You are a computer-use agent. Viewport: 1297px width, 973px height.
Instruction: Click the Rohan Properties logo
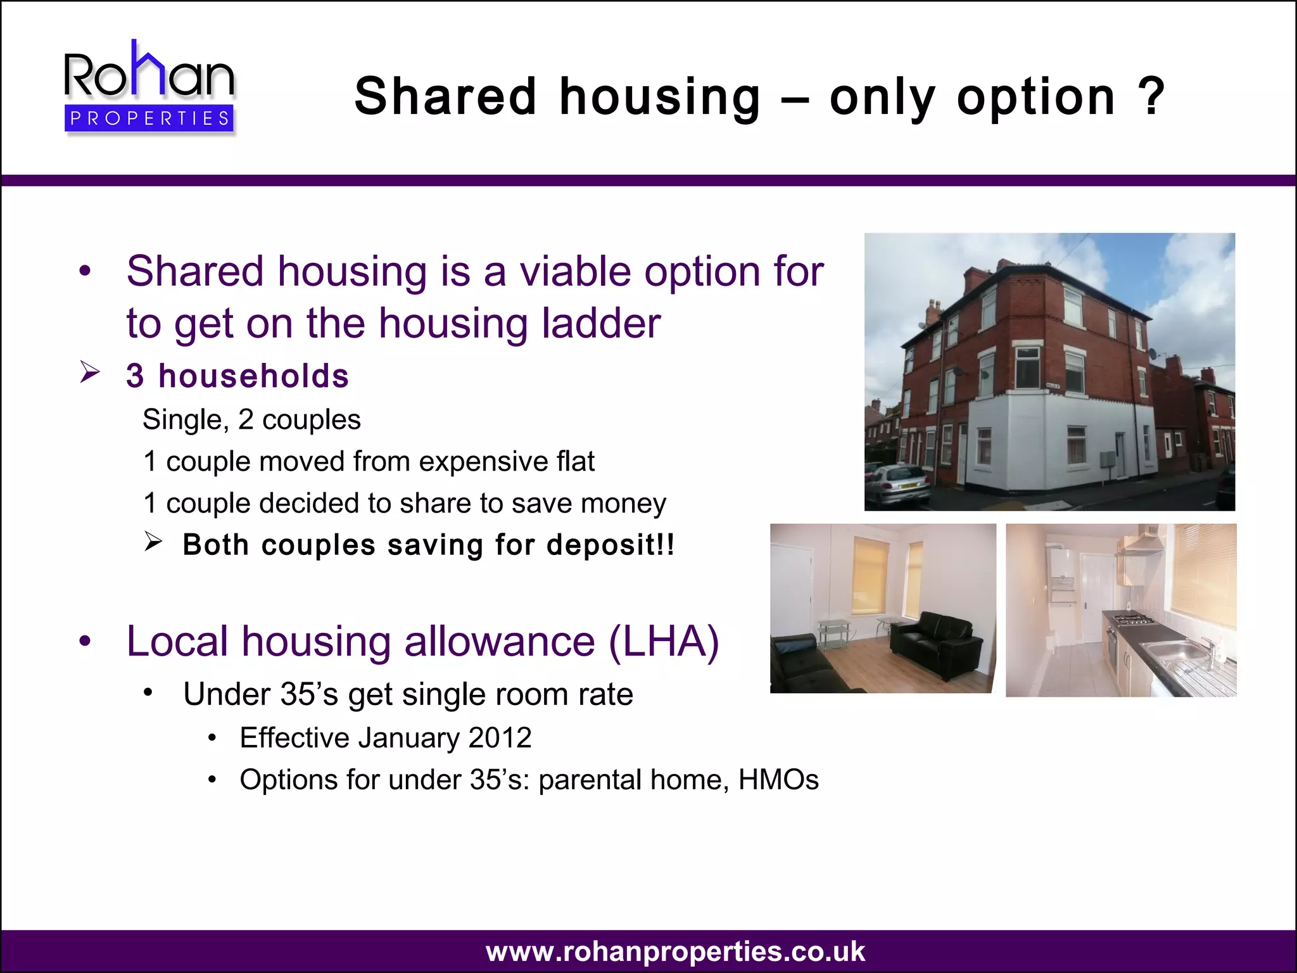click(149, 87)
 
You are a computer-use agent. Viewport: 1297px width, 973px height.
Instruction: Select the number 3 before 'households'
click(135, 376)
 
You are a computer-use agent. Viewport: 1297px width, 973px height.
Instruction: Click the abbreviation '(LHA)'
click(664, 641)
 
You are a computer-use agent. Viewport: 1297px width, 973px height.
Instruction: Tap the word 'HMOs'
click(778, 779)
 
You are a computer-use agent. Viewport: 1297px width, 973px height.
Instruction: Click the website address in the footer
click(675, 951)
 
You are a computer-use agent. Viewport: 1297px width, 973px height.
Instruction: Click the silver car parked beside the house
click(897, 483)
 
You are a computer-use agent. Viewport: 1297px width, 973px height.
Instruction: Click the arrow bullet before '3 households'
click(90, 372)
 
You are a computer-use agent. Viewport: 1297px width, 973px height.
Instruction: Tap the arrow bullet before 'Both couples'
click(153, 542)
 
